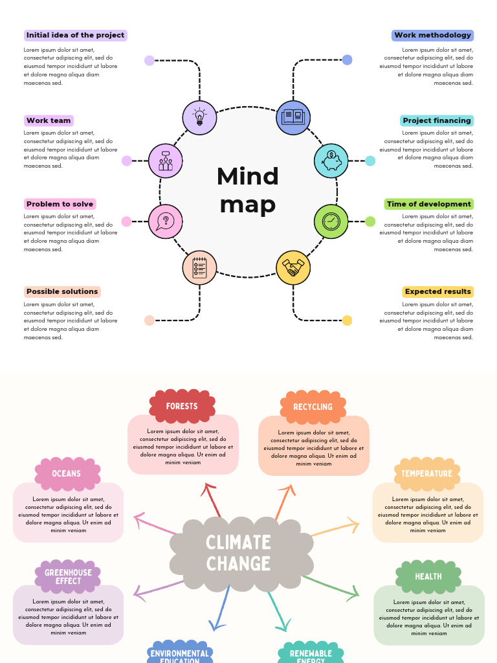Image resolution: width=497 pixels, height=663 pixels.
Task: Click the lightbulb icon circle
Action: pyautogui.click(x=199, y=118)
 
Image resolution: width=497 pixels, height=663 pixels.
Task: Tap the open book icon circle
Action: pyautogui.click(x=293, y=118)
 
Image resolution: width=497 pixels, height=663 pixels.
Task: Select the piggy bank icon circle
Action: pyautogui.click(x=331, y=161)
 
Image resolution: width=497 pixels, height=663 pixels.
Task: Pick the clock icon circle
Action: pyautogui.click(x=331, y=221)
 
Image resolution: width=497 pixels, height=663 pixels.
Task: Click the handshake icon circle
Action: pyautogui.click(x=293, y=267)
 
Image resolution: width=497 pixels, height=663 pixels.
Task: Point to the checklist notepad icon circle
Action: pyautogui.click(x=199, y=267)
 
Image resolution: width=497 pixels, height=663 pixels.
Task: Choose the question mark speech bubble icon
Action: pyautogui.click(x=165, y=221)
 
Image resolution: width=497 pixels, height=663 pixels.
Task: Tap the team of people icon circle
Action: pyautogui.click(x=166, y=161)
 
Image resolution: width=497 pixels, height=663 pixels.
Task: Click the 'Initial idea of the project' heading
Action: pyautogui.click(x=75, y=35)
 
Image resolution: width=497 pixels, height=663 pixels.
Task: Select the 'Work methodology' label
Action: pyautogui.click(x=432, y=35)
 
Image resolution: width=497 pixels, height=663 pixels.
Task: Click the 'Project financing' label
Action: pyautogui.click(x=437, y=120)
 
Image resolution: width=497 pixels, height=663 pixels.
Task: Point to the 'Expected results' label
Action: pyautogui.click(x=438, y=291)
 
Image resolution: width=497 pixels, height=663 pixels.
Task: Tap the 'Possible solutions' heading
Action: pyautogui.click(x=62, y=291)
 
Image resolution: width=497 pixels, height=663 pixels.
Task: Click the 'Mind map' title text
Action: pyautogui.click(x=248, y=190)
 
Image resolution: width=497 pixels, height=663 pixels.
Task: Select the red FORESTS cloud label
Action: pyautogui.click(x=182, y=406)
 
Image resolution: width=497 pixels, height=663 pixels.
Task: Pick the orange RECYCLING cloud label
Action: pyautogui.click(x=313, y=407)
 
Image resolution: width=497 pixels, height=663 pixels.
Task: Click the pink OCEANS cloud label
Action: pyautogui.click(x=67, y=473)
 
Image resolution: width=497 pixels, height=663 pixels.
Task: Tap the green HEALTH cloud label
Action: pyautogui.click(x=428, y=576)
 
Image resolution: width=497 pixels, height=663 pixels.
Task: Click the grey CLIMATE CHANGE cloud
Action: pyautogui.click(x=238, y=553)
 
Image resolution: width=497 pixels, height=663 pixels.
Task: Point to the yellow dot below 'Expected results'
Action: pyautogui.click(x=347, y=320)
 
